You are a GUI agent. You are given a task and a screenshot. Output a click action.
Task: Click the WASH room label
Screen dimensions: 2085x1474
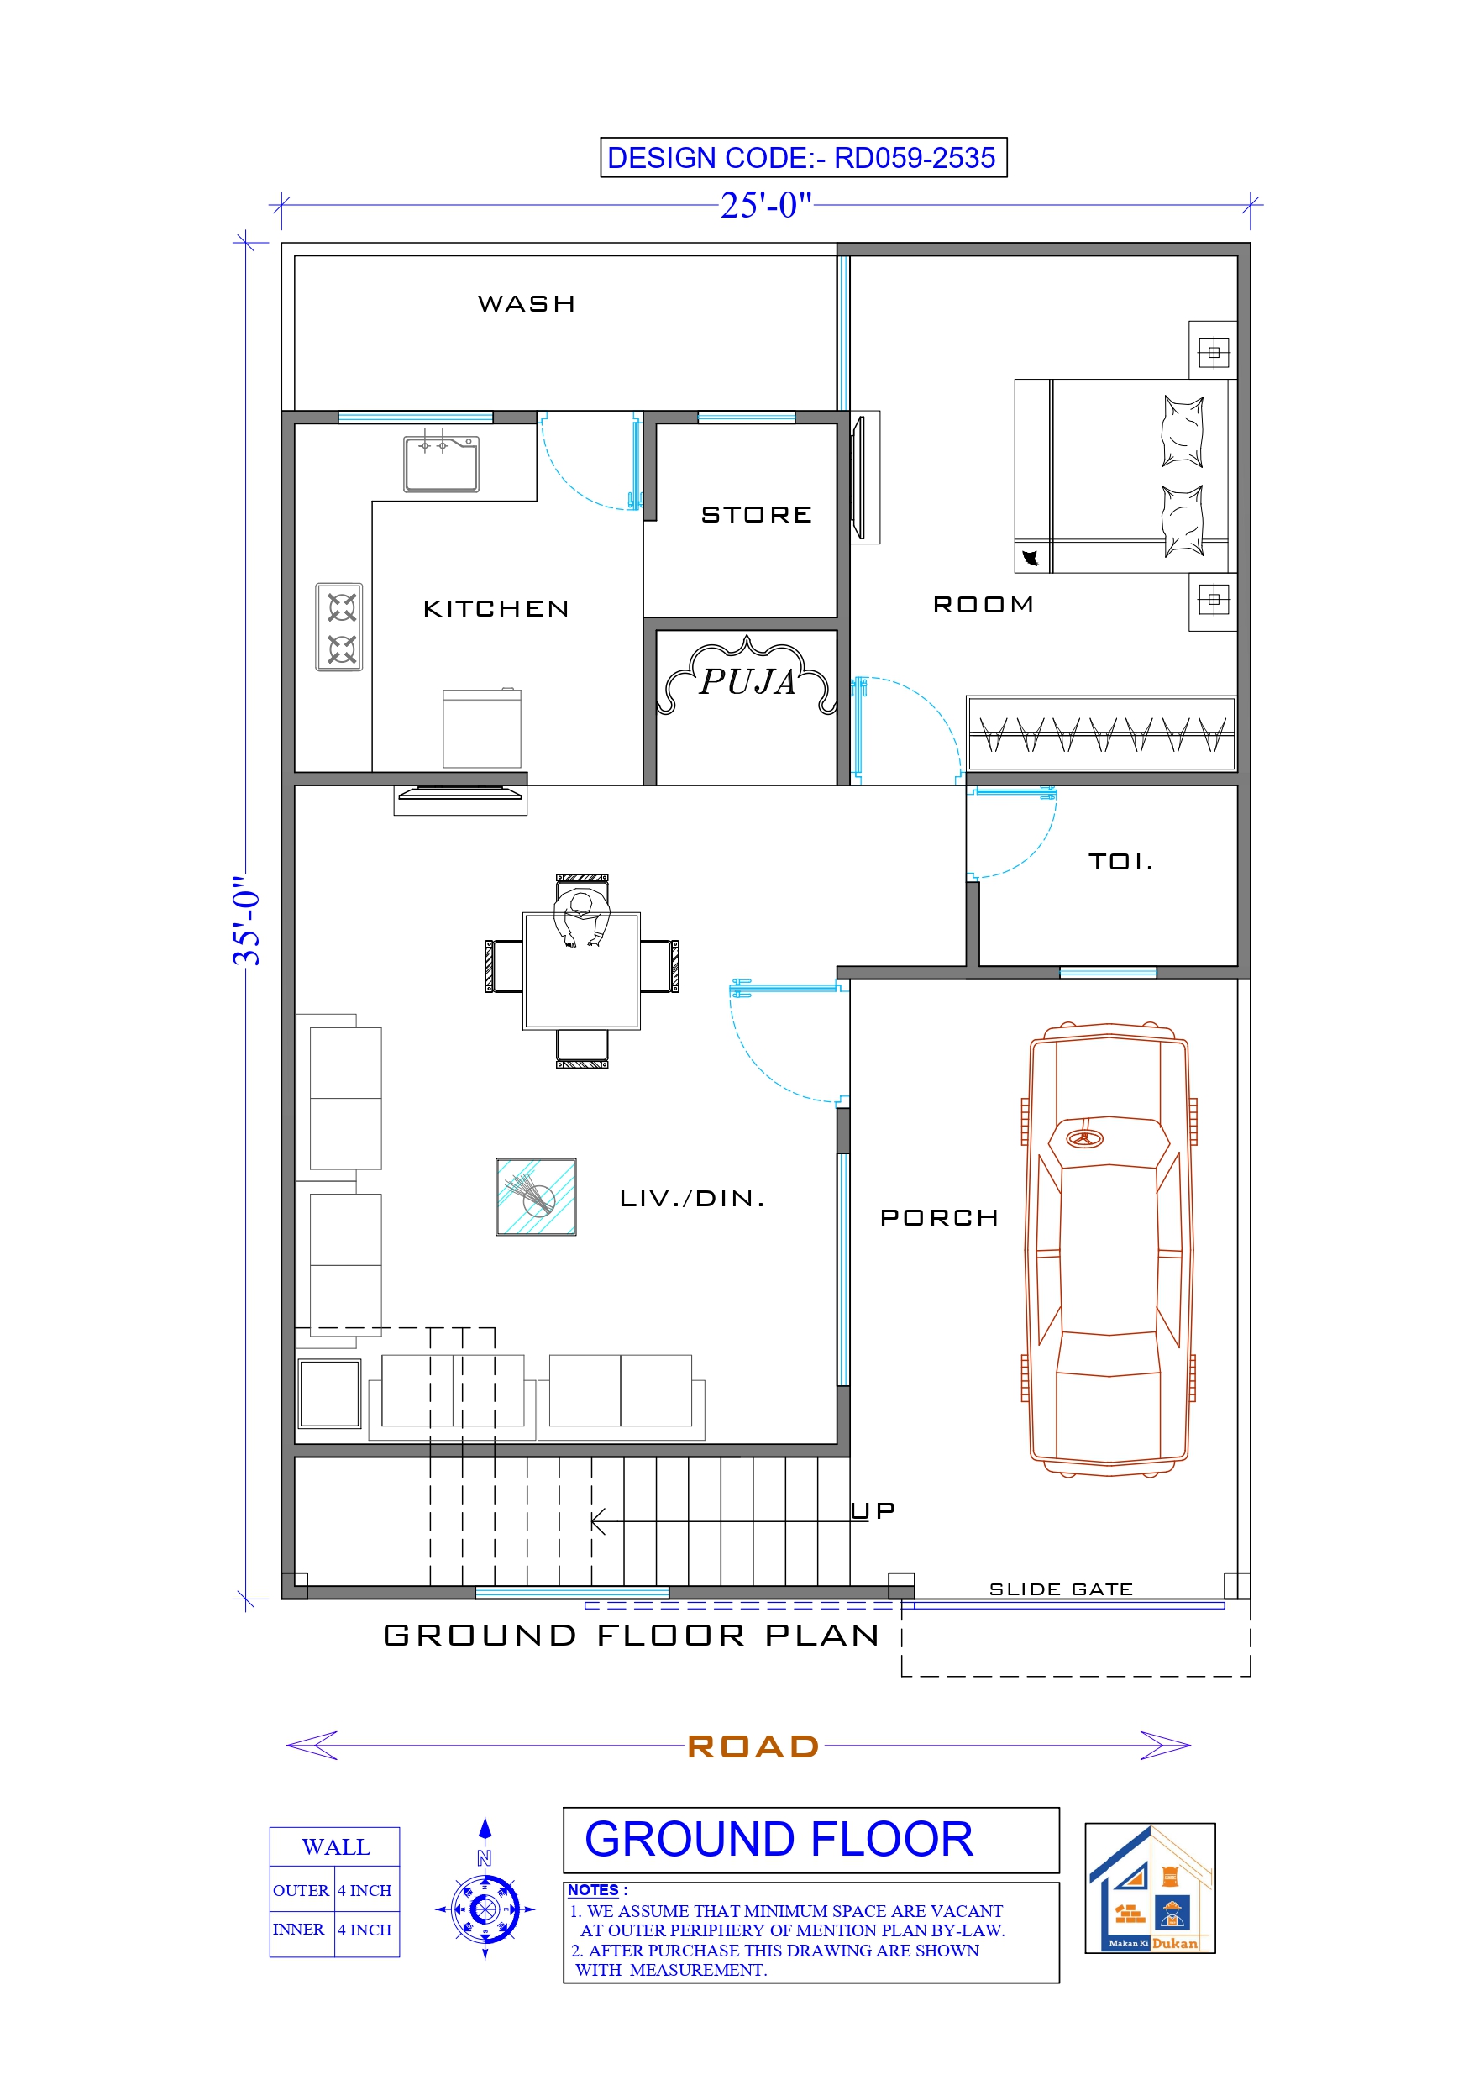point(527,303)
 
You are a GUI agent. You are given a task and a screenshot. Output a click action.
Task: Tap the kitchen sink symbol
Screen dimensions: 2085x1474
point(442,464)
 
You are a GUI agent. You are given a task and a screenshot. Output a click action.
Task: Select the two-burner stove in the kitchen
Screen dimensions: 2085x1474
point(339,628)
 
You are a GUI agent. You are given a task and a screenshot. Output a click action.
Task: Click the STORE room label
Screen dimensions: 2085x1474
point(757,515)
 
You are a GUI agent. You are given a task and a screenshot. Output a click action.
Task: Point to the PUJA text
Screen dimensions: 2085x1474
point(747,681)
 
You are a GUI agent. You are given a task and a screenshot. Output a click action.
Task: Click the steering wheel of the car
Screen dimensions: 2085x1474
point(1083,1139)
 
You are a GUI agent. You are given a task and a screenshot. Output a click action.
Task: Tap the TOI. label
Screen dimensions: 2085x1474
point(1120,861)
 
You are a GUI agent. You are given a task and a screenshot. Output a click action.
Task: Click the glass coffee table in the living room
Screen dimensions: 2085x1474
point(536,1197)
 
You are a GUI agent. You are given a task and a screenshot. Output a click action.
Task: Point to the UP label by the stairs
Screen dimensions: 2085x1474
point(873,1510)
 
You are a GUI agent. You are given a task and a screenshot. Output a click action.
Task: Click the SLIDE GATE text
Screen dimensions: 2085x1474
point(1061,1589)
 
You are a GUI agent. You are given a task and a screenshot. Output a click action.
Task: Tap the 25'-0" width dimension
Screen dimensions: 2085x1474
point(766,205)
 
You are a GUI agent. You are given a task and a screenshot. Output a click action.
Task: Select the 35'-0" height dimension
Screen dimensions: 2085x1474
point(247,921)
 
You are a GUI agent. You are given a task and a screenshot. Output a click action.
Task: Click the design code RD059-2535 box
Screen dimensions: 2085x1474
point(803,158)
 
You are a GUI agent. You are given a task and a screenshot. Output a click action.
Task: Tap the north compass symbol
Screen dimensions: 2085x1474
point(485,1909)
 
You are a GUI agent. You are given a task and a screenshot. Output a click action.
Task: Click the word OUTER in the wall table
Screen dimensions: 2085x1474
point(301,1891)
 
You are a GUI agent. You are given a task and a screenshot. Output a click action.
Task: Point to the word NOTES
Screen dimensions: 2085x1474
point(593,1890)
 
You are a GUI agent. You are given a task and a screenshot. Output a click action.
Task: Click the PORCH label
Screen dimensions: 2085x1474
point(939,1218)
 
